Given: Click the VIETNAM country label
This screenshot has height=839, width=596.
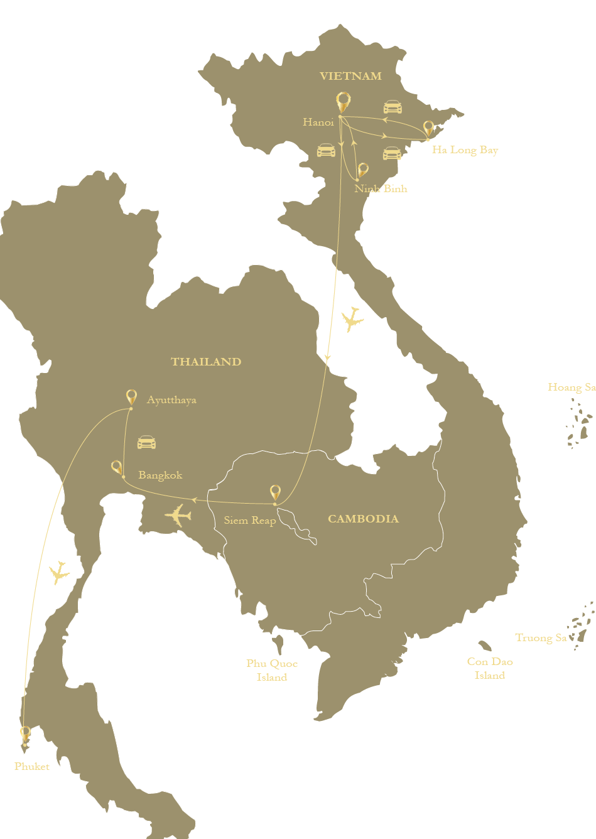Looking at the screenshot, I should pos(350,77).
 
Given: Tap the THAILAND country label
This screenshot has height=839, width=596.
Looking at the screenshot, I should pos(206,362).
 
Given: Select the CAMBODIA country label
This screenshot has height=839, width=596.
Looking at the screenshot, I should pos(363,519).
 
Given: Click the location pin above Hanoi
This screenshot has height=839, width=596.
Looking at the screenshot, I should pos(342,102).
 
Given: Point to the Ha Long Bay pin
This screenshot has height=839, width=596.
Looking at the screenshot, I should pos(428,129).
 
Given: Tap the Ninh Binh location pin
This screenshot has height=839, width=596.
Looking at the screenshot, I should pos(362,170).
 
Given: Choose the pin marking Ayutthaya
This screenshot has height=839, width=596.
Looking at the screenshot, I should pos(131,397).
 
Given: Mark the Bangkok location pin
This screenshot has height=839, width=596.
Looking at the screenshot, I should pos(117,467).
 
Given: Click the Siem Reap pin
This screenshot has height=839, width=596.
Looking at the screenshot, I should pos(275,493).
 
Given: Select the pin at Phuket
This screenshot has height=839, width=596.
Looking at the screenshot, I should pos(25,733).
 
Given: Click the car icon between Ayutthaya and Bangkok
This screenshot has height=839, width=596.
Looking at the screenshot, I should pos(146,442).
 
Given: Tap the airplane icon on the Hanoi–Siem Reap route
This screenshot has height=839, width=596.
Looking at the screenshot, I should pos(352,320).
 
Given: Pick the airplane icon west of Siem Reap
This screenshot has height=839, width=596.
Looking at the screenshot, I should pos(178,515).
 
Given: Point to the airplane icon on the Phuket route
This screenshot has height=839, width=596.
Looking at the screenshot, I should pos(59,572).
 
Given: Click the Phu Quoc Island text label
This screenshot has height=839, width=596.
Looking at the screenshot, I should pos(272,670).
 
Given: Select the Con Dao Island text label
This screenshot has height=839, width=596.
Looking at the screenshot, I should pos(490,668).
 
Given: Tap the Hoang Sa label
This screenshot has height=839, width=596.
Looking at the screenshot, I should pos(571,387).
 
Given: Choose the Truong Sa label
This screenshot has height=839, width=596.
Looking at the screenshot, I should pos(541,638).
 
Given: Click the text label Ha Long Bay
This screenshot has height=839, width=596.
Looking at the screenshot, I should pos(465,150).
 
